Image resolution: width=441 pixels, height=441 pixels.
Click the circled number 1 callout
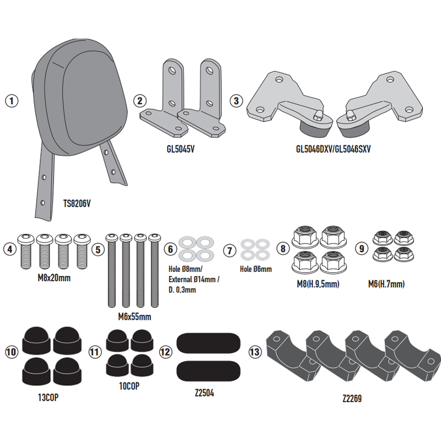[12, 101]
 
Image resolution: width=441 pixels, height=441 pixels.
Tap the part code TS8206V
[77, 203]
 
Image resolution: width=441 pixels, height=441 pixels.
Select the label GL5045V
[181, 149]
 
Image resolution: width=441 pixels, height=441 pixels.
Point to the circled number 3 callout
[236, 101]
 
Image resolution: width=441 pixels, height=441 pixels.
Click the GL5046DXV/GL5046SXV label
[334, 149]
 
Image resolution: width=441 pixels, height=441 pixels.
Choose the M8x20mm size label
[54, 278]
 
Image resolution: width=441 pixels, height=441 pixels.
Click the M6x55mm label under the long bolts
[135, 316]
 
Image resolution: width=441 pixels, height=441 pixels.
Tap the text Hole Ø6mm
[256, 269]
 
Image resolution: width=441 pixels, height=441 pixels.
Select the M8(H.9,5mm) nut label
[318, 284]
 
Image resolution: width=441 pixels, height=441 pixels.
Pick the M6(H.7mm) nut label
[386, 284]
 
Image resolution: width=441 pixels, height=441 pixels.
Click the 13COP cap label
[48, 397]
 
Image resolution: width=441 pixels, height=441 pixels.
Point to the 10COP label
[129, 386]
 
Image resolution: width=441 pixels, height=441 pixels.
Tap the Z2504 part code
[205, 392]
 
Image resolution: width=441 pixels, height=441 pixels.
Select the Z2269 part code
[352, 398]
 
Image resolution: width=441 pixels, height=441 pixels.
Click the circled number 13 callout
[255, 352]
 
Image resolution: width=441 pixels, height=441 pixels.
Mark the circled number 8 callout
[283, 249]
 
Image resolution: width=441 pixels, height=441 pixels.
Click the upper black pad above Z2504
[208, 343]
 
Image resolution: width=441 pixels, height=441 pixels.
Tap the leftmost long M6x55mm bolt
[112, 271]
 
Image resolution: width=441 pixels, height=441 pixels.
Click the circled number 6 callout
[170, 249]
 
